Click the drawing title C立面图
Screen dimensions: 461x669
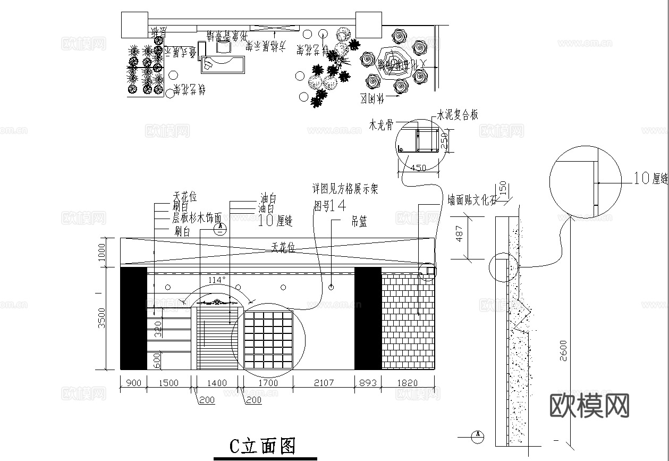pos(262,446)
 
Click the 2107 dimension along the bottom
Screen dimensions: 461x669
pos(324,382)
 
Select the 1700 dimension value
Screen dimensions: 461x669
pos(268,382)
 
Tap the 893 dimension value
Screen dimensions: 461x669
pos(368,382)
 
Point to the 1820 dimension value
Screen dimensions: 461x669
pos(408,382)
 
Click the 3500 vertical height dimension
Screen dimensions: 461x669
pos(102,317)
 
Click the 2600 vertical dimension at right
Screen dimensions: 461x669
pos(564,351)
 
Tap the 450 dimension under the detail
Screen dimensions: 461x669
pos(419,168)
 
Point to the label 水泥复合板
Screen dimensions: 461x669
pos(457,115)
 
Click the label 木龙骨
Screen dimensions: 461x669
pos(382,125)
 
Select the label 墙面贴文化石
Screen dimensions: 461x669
pos(471,200)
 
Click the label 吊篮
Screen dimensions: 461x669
pos(359,222)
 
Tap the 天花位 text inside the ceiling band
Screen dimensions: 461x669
pos(283,247)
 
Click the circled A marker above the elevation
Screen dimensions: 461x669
pos(220,229)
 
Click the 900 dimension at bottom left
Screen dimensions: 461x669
pos(133,382)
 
